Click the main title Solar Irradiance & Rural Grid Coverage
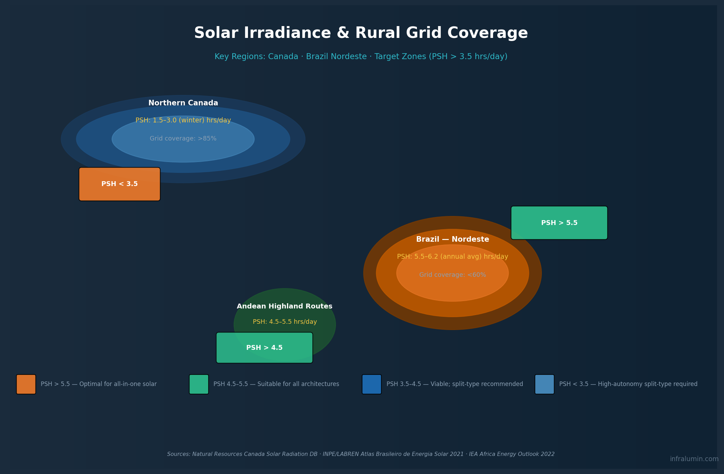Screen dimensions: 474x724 point(361,33)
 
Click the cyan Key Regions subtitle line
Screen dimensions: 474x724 point(361,56)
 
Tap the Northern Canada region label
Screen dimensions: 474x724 point(183,103)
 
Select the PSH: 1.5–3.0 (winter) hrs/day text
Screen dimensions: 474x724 point(183,120)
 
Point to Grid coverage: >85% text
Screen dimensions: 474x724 point(183,138)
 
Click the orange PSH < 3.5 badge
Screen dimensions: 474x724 point(119,184)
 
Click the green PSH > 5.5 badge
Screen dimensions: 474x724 point(559,223)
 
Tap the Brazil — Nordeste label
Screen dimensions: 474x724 point(452,239)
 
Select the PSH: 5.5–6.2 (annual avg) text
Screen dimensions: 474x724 point(452,257)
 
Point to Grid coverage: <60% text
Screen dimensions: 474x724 point(452,275)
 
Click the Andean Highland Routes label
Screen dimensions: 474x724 point(285,306)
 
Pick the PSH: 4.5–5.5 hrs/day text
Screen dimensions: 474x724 point(285,322)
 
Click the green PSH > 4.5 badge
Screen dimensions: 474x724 point(264,348)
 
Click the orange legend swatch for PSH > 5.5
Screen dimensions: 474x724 point(26,384)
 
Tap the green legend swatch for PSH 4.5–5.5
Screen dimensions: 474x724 point(199,384)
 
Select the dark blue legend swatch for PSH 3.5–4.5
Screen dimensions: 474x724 point(372,384)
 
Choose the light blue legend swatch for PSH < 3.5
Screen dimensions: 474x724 point(544,384)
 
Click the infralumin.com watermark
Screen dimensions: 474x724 point(694,459)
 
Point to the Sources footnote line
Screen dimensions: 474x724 point(361,454)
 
